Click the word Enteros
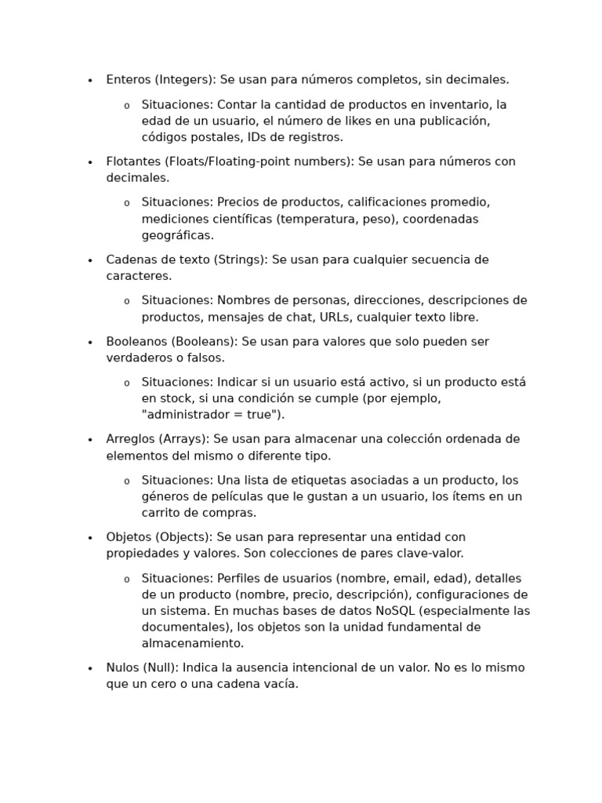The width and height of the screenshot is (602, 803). point(129,79)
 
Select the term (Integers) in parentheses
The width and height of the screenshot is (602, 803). point(184,79)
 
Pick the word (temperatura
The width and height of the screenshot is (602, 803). point(317,219)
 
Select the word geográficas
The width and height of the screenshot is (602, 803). point(177,235)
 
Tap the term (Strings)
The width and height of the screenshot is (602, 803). point(241,260)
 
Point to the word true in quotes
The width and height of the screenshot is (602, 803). point(263,415)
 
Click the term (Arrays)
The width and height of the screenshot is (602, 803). point(185,439)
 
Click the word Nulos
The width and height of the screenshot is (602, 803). point(123,667)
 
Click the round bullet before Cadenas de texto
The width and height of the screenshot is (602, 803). point(90,260)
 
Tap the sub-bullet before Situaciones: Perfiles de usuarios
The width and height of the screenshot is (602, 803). point(126,580)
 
